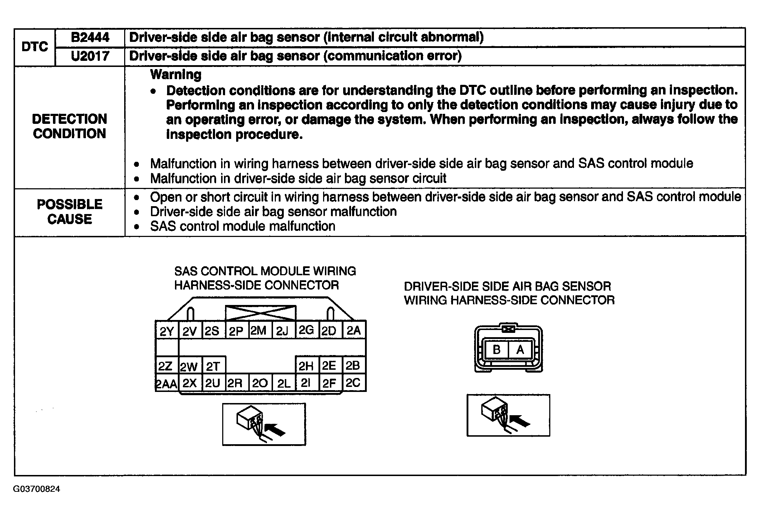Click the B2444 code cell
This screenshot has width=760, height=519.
(x=90, y=38)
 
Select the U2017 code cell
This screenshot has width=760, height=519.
(x=90, y=56)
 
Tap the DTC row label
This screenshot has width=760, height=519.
(x=35, y=47)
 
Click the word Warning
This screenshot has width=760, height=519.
(x=176, y=74)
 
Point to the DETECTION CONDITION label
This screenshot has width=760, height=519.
(x=69, y=126)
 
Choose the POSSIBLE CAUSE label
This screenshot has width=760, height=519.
(x=69, y=212)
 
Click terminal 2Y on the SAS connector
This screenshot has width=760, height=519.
(x=167, y=331)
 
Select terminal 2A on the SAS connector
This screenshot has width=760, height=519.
(x=354, y=330)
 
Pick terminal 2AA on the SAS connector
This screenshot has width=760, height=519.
(x=166, y=384)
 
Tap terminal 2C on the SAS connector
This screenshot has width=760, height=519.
(x=353, y=383)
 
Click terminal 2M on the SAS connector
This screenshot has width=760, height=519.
(x=259, y=330)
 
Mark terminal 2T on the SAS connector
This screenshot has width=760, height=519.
(x=213, y=366)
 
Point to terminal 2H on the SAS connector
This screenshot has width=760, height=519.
(x=306, y=366)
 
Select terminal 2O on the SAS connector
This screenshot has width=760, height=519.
(x=260, y=383)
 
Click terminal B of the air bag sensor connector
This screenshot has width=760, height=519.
(x=496, y=350)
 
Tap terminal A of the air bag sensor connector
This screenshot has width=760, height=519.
(x=520, y=350)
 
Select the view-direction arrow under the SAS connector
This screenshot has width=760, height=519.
(x=276, y=429)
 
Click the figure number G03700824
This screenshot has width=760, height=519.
(x=36, y=489)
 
